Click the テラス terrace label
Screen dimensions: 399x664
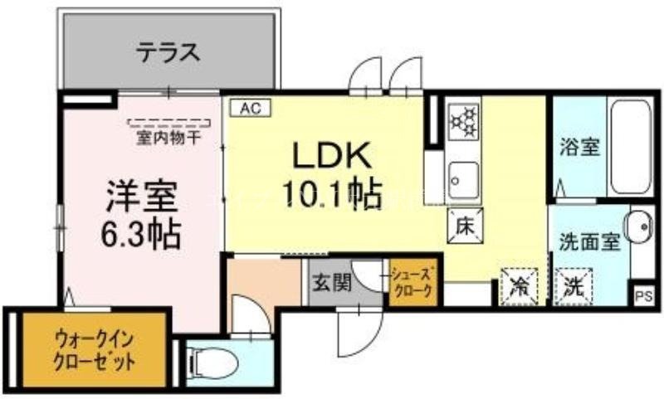coord(168,53)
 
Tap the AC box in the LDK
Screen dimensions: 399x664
coord(251,107)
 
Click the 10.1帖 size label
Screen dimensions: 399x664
coord(330,195)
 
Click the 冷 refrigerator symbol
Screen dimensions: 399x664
coord(519,286)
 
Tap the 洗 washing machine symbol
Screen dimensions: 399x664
coord(574,286)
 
